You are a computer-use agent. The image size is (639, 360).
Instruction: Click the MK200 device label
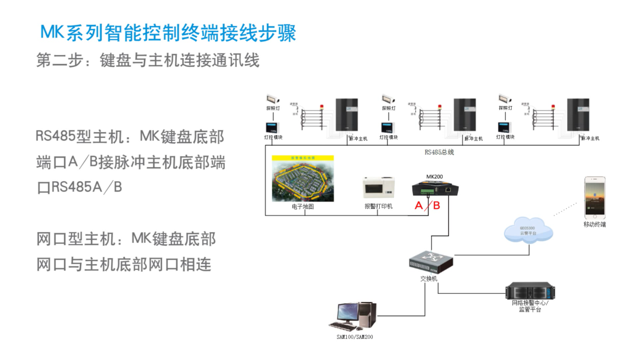point(434,177)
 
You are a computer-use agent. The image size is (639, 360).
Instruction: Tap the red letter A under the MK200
point(419,205)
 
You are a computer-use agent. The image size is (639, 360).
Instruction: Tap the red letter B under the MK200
point(437,205)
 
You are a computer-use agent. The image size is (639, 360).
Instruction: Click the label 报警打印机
point(379,207)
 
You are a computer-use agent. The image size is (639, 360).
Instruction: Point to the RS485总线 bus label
point(438,152)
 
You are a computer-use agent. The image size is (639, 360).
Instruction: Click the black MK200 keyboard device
point(435,189)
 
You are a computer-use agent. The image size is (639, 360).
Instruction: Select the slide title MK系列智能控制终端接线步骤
point(168,33)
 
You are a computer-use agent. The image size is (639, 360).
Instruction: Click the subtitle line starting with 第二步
point(148,60)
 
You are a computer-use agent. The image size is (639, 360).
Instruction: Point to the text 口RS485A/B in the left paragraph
point(79,187)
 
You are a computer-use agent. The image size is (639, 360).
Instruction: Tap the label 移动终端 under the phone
point(594,224)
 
